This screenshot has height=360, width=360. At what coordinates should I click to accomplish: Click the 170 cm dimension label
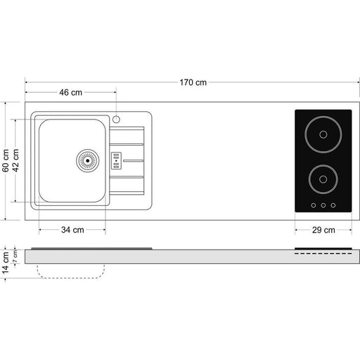point(193,82)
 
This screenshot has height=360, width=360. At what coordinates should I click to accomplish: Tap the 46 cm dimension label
point(70,92)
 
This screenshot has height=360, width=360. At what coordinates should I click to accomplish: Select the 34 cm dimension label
point(72,230)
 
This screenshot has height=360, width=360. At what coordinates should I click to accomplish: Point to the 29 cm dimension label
point(323,230)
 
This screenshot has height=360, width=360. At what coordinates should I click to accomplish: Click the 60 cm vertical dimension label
point(6,160)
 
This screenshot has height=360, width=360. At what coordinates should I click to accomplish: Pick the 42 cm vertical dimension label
point(15,160)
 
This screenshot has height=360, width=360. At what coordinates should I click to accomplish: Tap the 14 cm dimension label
point(6,262)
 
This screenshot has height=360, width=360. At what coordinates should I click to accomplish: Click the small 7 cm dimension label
point(15,256)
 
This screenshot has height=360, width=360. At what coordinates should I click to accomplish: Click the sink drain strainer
point(88,160)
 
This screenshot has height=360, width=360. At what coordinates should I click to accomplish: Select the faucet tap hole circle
point(116,120)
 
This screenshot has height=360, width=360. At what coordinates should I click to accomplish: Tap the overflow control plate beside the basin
point(116,161)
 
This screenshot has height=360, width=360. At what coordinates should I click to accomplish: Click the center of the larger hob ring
point(323,134)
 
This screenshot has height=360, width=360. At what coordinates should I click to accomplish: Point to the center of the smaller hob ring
point(323,179)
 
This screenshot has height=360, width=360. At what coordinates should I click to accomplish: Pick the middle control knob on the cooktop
point(323,205)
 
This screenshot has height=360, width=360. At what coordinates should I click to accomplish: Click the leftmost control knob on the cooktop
point(314,205)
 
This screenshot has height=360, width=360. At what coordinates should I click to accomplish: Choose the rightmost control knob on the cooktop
point(333,205)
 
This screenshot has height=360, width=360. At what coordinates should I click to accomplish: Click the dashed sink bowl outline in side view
point(70,278)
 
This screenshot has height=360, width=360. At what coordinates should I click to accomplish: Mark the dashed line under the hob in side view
point(323,253)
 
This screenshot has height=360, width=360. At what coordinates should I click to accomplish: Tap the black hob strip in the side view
point(323,248)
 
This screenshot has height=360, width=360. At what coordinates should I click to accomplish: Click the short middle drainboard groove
point(133,161)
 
